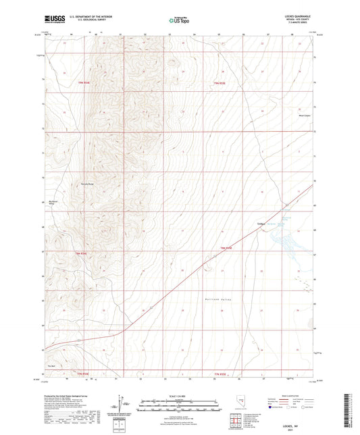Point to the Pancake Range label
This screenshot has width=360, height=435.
pyautogui.click(x=89, y=183)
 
